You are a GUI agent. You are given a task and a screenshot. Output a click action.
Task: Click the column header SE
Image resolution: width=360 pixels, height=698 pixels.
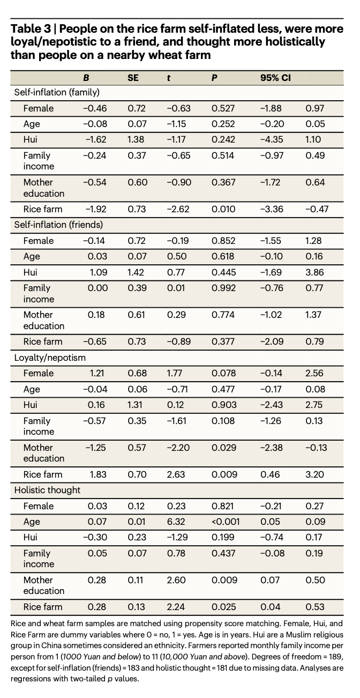coord(133,78)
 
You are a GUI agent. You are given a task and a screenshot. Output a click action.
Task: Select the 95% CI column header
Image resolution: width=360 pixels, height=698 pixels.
coord(275,78)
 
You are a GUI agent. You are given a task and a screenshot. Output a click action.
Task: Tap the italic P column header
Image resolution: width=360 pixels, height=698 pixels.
coord(214,78)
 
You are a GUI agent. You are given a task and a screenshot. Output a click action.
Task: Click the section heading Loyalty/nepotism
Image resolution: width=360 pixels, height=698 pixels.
coord(50,358)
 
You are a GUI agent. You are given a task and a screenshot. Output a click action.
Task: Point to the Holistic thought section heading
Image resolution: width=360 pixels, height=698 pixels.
coord(47,490)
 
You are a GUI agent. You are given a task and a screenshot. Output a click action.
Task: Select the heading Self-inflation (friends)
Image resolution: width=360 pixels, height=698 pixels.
coord(58,225)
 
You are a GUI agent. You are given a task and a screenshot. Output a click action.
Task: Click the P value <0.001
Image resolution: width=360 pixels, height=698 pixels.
coord(226,522)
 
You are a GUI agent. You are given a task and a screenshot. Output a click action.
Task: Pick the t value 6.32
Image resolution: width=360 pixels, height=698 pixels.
coord(176,522)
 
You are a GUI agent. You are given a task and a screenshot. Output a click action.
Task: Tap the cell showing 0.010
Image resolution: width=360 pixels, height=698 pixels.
coord(223,209)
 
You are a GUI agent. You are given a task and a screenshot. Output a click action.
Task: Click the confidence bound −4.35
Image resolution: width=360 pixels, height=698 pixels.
coord(272,139)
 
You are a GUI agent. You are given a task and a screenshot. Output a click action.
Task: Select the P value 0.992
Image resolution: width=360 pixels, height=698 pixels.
coord(223,288)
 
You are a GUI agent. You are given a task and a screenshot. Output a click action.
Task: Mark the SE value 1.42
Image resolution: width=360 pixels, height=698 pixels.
coord(136,272)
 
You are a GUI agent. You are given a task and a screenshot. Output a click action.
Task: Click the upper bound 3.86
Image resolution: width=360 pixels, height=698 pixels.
coord(314,272)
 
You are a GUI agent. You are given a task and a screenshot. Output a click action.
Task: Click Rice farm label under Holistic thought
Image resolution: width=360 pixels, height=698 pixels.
coord(43,607)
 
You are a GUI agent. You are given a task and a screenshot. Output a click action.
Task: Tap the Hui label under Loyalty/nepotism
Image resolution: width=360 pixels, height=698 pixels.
coord(30,405)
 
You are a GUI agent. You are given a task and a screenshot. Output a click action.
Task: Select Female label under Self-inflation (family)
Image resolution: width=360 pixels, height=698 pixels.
coord(39,108)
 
